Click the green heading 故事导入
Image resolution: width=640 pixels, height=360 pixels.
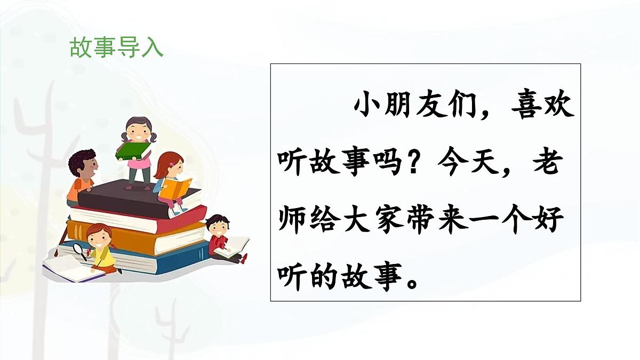(x=116, y=48)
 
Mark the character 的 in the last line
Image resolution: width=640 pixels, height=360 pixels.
(x=326, y=277)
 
